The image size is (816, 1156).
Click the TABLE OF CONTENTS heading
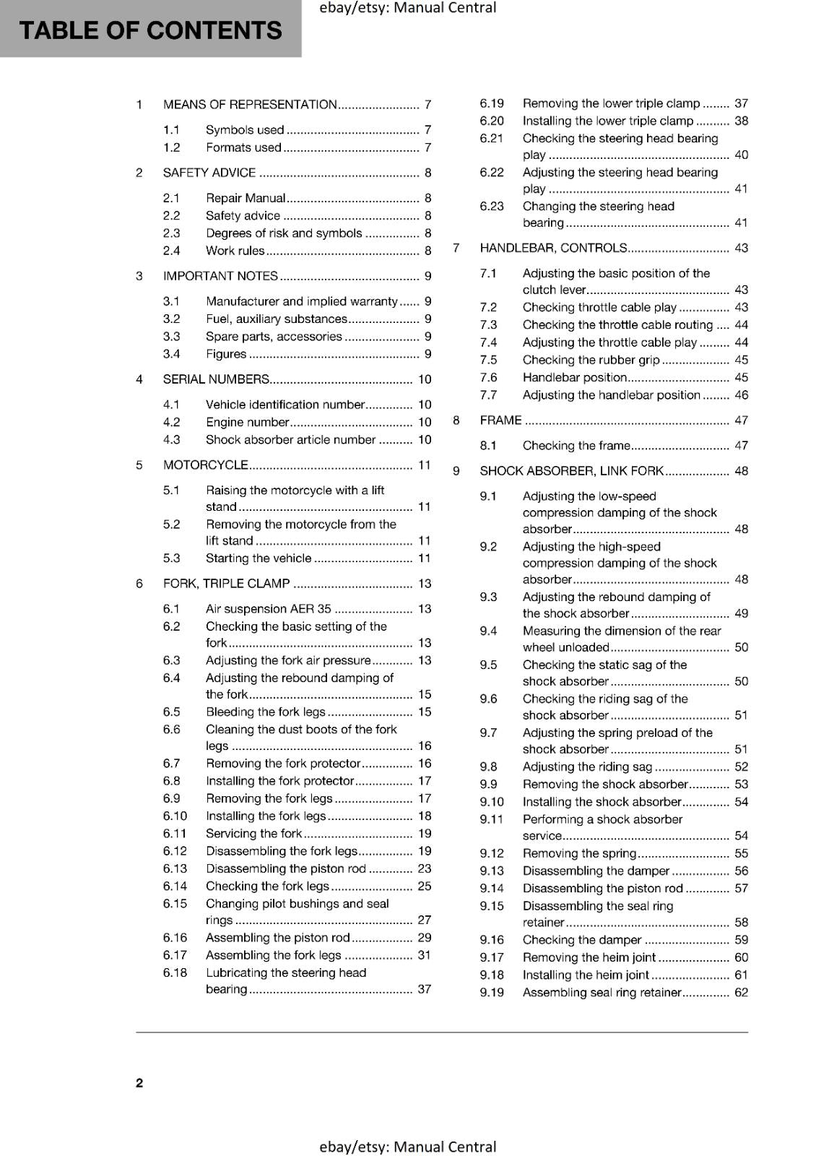150,30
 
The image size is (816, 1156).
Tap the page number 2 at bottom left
139,1082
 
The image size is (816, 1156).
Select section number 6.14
175,886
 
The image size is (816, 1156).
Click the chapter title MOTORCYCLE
206,465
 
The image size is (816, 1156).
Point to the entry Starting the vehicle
259,558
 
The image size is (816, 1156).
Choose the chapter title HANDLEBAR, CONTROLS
553,248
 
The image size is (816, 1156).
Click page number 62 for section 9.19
741,992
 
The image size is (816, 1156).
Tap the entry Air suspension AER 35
268,608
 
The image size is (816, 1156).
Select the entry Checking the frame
576,445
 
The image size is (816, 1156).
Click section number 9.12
492,853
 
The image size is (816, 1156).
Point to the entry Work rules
235,251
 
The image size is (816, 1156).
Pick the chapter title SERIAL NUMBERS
216,379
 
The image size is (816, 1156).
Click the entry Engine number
247,422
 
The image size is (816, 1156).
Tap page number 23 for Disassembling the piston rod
425,868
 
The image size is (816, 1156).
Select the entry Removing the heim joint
589,957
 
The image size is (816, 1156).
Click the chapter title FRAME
500,420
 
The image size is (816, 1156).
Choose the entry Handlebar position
574,377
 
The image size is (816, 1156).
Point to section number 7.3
488,324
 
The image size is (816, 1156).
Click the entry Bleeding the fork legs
265,712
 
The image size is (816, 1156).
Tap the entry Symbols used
245,130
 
